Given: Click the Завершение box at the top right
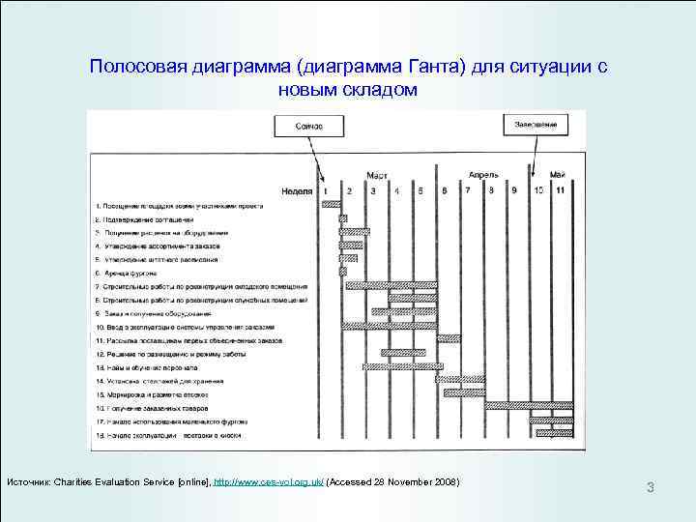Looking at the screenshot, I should [x=535, y=125].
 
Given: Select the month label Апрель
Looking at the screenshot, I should [x=483, y=175].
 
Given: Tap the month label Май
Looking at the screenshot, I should [x=557, y=175].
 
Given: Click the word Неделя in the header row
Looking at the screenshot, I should [x=299, y=190].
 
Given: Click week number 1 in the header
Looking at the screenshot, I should [x=327, y=190].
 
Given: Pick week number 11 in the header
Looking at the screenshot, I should [x=561, y=190].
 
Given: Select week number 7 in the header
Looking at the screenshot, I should [x=467, y=190].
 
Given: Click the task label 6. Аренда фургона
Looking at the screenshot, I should [x=126, y=274].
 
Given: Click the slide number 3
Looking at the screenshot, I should [x=651, y=488].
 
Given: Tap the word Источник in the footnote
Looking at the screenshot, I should [x=28, y=482].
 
